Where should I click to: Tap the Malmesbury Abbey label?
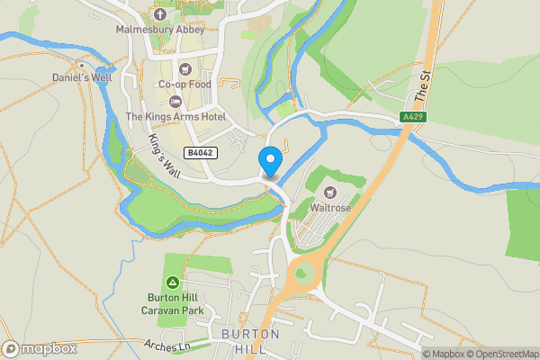tap(160, 29)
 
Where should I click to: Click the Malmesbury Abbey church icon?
tap(160, 13)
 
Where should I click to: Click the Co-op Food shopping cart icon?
tap(184, 68)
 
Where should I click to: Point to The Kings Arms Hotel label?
tap(175, 116)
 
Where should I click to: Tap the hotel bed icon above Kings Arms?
tap(175, 100)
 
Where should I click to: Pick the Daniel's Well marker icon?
tap(81, 65)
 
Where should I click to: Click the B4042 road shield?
tap(201, 153)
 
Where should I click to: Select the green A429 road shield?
tap(412, 116)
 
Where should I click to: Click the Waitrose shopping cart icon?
tap(330, 193)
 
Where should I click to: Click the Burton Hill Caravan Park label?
tap(176, 304)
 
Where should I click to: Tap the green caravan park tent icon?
tap(173, 283)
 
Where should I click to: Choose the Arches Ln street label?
tap(168, 345)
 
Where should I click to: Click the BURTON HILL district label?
tap(250, 341)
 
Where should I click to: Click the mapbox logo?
tap(38, 349)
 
